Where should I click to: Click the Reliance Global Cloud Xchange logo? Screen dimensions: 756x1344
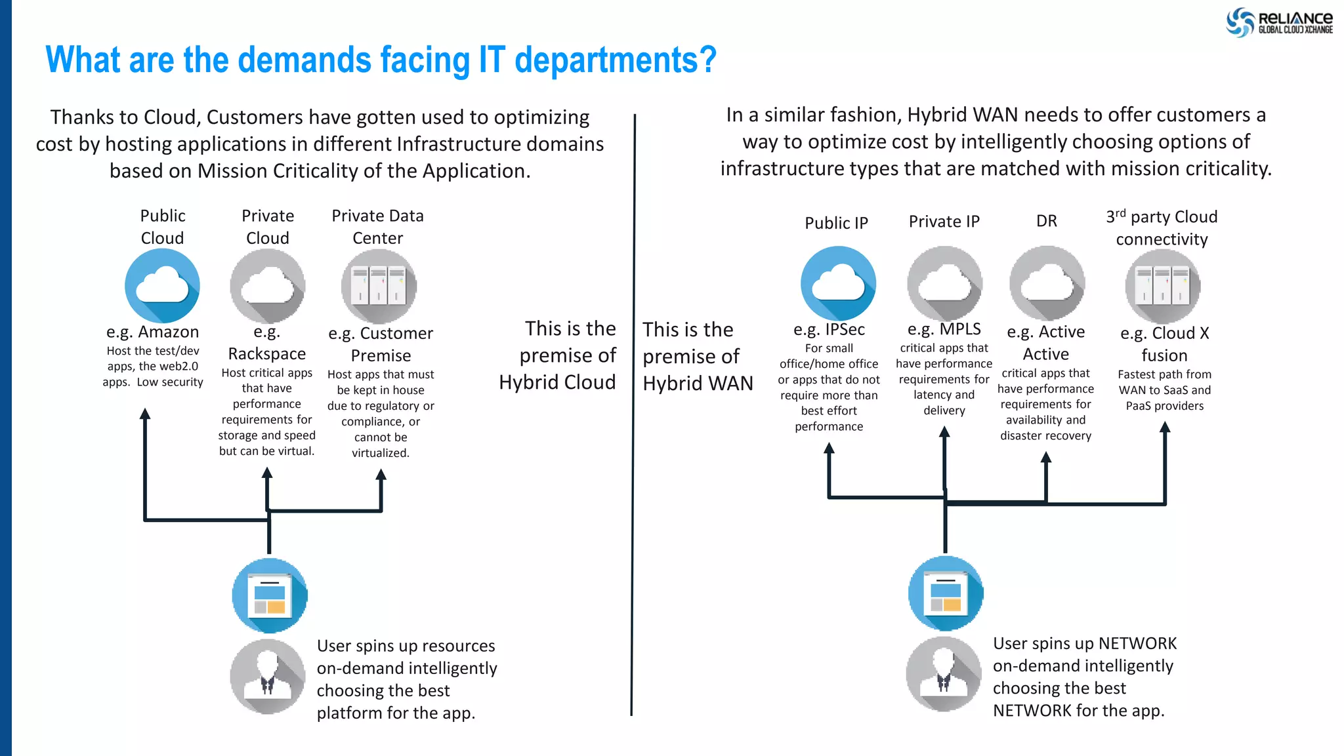click(1279, 22)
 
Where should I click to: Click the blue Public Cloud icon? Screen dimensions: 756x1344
click(162, 286)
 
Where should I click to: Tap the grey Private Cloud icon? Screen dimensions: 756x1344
click(267, 286)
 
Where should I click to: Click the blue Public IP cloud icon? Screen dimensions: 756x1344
click(838, 283)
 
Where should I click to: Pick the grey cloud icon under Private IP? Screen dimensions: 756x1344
click(944, 283)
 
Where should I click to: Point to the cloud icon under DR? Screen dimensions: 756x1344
click(1047, 283)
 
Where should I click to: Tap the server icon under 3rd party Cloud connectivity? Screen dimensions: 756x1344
click(1162, 287)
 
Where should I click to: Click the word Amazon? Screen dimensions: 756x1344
click(168, 332)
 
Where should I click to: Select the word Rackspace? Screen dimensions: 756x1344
click(267, 354)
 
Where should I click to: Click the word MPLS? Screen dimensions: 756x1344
click(960, 328)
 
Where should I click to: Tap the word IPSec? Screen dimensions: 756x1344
click(845, 329)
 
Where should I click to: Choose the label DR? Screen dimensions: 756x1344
click(1047, 221)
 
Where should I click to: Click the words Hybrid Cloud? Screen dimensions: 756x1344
click(557, 382)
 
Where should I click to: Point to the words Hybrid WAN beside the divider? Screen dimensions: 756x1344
click(698, 384)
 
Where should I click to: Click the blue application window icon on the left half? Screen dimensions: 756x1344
click(270, 595)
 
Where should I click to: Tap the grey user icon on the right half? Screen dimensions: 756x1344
click(944, 674)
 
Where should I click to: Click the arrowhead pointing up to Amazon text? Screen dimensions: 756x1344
click(145, 413)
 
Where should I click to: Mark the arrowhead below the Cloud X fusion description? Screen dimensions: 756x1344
click(1165, 427)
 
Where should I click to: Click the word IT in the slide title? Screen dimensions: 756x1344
click(492, 60)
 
